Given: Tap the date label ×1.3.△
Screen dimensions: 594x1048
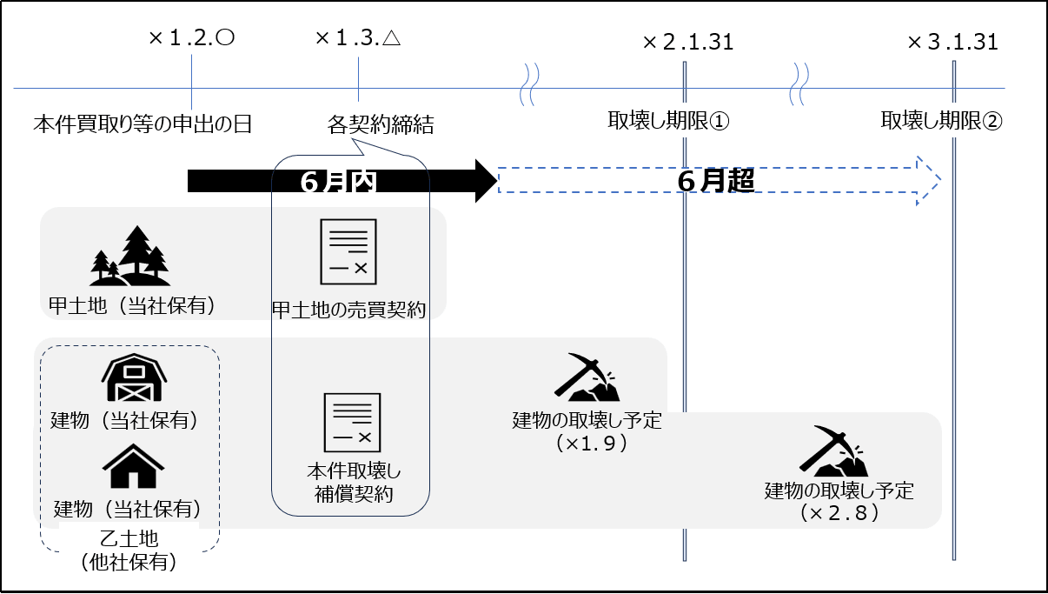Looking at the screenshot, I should click(x=357, y=38).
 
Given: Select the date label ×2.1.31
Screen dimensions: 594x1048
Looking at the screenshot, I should click(x=687, y=42).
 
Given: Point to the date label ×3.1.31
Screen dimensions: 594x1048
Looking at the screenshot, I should click(x=952, y=42).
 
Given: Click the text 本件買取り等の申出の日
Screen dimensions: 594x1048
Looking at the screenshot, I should click(x=143, y=123).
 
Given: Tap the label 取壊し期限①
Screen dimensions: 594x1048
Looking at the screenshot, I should click(x=668, y=121).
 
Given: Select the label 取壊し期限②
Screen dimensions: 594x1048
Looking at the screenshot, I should click(x=941, y=121).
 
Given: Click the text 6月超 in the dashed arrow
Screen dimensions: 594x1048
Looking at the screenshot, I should click(x=714, y=180).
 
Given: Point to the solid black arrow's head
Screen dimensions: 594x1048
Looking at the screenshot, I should click(x=485, y=181).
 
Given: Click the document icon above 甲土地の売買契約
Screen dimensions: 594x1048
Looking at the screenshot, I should click(x=348, y=252).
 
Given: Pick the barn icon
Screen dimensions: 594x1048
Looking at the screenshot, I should click(x=133, y=378).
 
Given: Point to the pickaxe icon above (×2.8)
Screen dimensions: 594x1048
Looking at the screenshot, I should click(x=832, y=451).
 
